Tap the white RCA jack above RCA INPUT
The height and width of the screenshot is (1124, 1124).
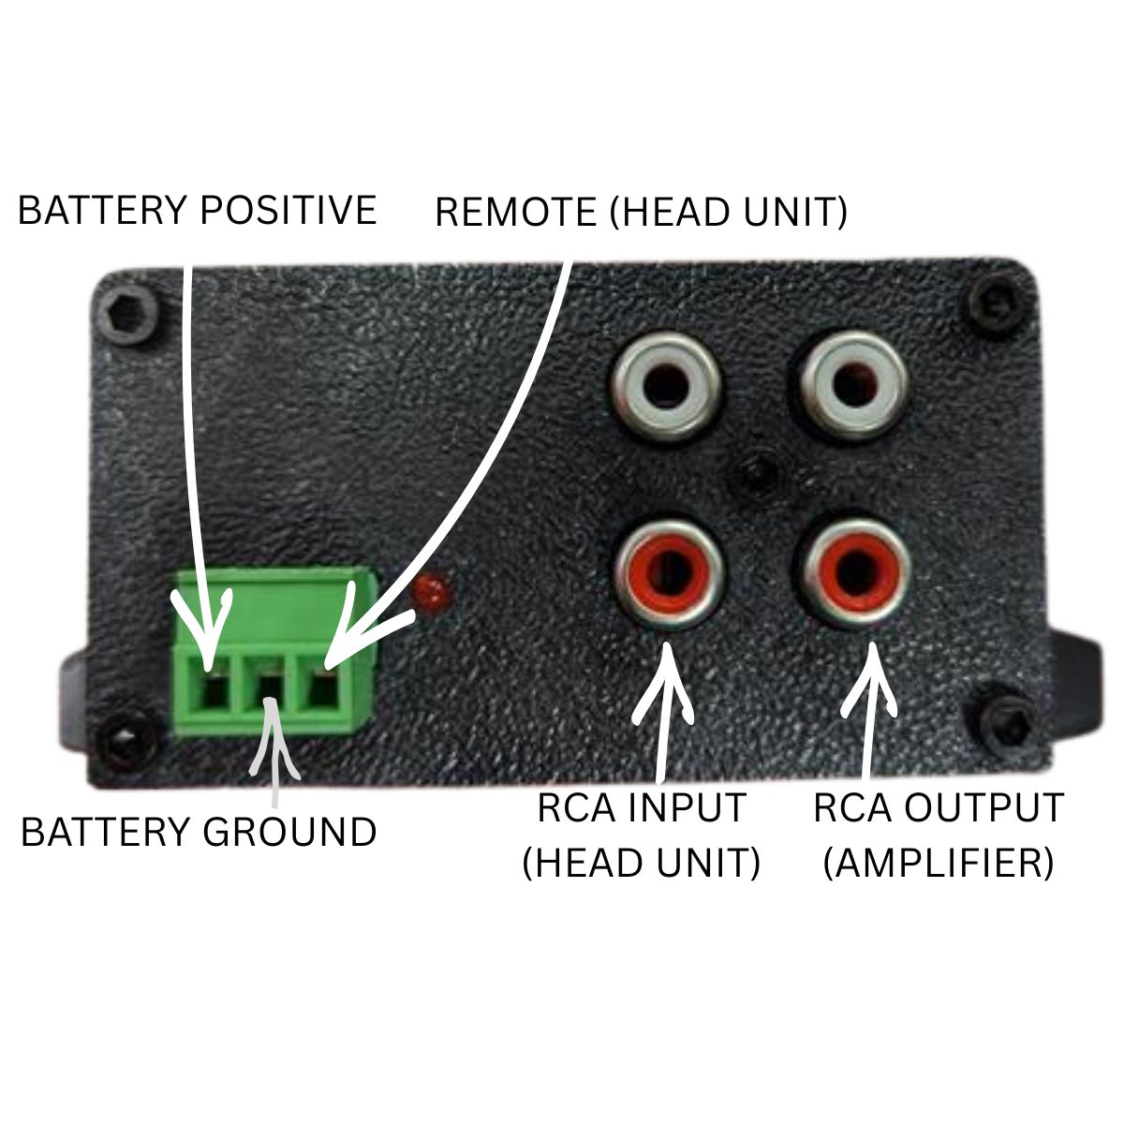(x=666, y=386)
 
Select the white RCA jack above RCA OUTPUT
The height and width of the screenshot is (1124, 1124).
(x=852, y=386)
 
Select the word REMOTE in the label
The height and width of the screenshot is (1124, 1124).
(x=515, y=213)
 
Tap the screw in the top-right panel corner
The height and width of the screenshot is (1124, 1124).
(x=993, y=301)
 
